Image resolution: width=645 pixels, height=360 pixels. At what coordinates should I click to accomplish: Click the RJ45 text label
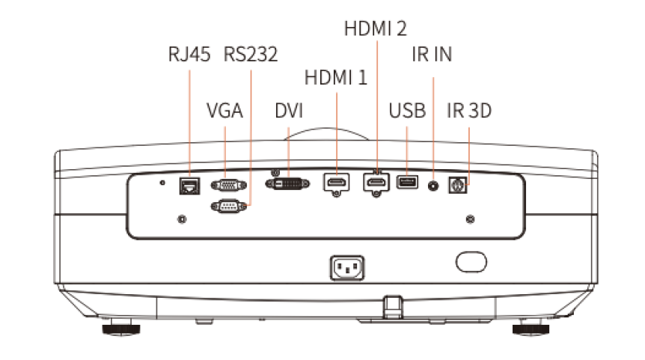pos(189,55)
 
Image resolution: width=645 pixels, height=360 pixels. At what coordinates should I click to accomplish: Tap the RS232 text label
pos(251,55)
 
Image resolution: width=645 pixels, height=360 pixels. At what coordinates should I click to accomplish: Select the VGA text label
pos(224,111)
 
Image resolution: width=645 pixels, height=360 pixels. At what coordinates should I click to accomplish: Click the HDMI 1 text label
pos(337,77)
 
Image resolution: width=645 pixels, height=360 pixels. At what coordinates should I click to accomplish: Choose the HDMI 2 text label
pos(376,28)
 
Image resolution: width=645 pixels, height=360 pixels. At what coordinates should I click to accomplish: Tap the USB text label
pos(407,111)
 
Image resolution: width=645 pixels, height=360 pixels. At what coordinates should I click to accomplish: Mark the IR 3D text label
pos(469,111)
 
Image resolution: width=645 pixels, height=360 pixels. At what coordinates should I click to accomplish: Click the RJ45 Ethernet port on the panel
pos(189,184)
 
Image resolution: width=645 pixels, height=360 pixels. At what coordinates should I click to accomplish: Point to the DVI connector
pos(288,183)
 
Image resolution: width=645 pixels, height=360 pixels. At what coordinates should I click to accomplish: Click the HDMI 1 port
pos(337,183)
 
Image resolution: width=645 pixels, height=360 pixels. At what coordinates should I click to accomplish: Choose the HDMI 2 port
pos(376,183)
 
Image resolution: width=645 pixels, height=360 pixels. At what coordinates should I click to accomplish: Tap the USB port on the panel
pos(407,181)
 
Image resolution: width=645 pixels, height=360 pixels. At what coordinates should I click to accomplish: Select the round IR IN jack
pos(433,183)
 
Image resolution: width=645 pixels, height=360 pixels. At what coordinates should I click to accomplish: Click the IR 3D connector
pos(456,184)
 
